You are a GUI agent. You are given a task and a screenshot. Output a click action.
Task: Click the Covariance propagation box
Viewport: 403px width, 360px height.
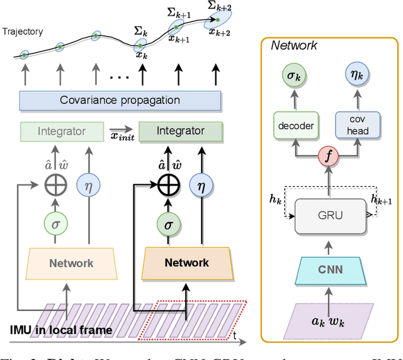[120, 100]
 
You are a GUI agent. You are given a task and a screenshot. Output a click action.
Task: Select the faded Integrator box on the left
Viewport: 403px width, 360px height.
[62, 131]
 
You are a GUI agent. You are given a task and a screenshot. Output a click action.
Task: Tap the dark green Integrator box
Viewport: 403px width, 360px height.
[180, 131]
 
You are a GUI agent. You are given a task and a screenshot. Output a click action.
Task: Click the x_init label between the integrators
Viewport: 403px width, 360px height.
[121, 138]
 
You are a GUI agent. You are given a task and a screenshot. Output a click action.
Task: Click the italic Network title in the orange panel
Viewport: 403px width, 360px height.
[295, 45]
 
